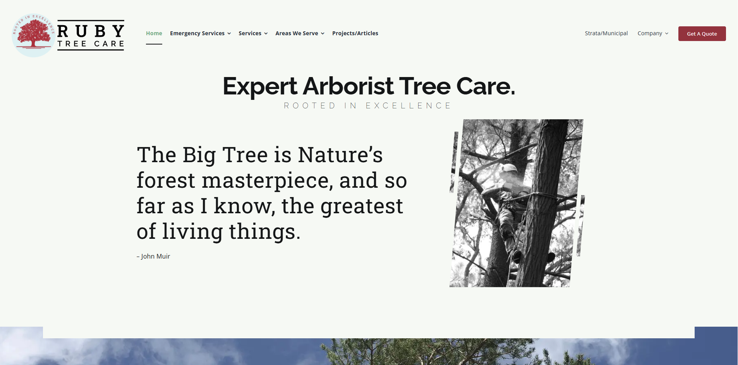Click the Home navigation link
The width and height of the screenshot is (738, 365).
click(x=154, y=33)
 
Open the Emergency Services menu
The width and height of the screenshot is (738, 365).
click(x=197, y=33)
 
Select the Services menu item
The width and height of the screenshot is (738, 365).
click(x=250, y=33)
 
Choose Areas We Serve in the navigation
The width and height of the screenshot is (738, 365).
click(x=297, y=33)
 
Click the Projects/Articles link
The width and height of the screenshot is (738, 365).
click(x=355, y=33)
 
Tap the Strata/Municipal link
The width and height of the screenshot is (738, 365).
click(x=606, y=33)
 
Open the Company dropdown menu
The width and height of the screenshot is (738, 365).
click(x=650, y=33)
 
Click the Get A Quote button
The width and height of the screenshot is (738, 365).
click(x=702, y=34)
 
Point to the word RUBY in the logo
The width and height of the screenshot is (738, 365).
click(x=91, y=31)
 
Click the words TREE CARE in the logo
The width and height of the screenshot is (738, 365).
click(x=91, y=44)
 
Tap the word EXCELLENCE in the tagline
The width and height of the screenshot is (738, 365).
click(x=408, y=106)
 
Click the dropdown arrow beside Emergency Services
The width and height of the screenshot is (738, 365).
click(x=229, y=34)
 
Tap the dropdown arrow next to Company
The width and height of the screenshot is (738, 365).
click(x=667, y=34)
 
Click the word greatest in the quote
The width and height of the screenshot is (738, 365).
click(x=362, y=206)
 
